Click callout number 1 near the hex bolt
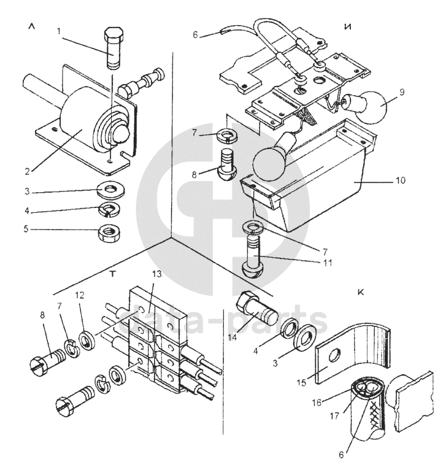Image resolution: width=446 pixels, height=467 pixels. coord(59,31)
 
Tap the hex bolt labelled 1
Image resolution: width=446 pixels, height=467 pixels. coord(113,48)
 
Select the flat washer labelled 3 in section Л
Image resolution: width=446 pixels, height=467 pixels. coord(111,190)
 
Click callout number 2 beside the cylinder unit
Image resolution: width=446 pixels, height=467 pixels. coord(28,172)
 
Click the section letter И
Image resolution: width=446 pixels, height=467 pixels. coord(347,27)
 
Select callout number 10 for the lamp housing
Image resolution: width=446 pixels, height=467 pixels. coord(401,180)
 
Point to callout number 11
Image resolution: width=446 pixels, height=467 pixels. coord(327,263)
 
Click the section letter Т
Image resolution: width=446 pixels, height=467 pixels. coord(112,274)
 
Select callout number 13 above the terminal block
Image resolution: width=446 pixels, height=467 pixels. coord(156,274)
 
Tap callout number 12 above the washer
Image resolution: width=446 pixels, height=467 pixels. coord(80,295)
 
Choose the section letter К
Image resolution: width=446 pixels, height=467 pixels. coord(361,293)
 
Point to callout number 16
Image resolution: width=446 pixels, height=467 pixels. coord(317,403)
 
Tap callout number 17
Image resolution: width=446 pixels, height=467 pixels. coord(335,415)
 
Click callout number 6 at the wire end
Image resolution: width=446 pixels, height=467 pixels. coord(195,35)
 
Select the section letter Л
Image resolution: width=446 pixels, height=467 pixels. coord(31,26)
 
